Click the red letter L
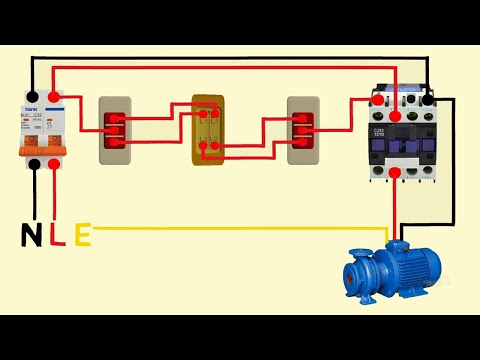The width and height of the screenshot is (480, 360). [x=56, y=236]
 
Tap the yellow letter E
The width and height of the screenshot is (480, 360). [x=81, y=236]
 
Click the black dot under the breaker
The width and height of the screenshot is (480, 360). [x=34, y=164]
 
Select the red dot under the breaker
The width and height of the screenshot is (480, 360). [x=52, y=164]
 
